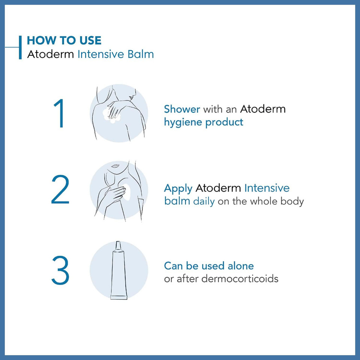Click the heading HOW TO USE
(64, 40)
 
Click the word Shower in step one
(182, 109)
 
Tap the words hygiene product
(204, 122)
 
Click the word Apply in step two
(178, 188)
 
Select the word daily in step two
(204, 201)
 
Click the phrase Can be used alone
(209, 266)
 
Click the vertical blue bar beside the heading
(20, 47)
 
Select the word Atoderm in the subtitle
(51, 54)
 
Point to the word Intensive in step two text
(267, 188)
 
